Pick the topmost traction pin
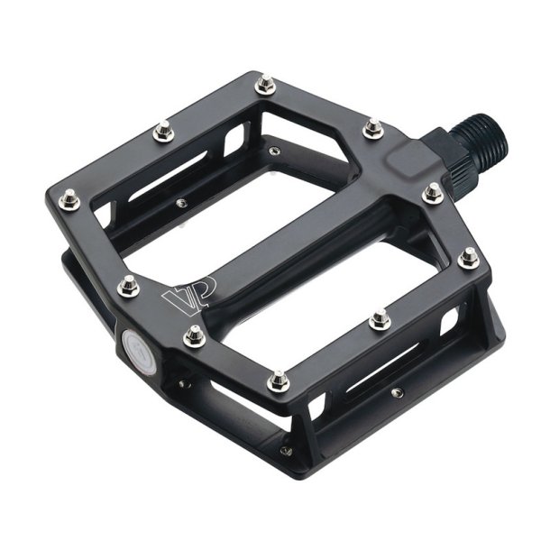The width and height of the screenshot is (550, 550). pyautogui.click(x=264, y=86)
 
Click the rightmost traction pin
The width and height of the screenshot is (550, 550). pyautogui.click(x=469, y=258)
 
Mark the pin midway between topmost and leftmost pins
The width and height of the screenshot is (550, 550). pyautogui.click(x=162, y=133)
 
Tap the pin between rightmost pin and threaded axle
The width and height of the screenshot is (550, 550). pyautogui.click(x=434, y=192)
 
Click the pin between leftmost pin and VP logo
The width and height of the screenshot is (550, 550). pyautogui.click(x=128, y=284)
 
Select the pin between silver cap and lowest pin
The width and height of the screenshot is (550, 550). pyautogui.click(x=192, y=336)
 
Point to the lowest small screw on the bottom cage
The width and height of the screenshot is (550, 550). pyautogui.click(x=287, y=450)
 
